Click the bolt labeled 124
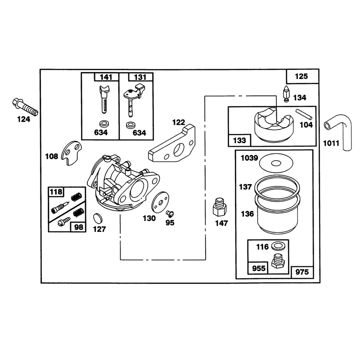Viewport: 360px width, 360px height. pos(25,107)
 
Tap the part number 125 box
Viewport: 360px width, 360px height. pos(302,76)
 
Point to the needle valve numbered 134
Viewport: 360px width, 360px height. pos(286,94)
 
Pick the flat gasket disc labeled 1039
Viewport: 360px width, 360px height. pos(276,163)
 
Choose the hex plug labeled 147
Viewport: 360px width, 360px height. pos(220,207)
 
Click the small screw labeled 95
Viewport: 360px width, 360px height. pos(170,214)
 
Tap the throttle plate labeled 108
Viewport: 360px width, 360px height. pos(72,153)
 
